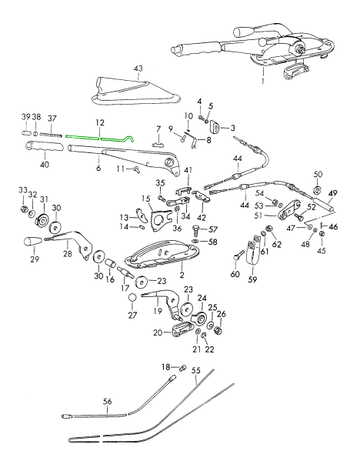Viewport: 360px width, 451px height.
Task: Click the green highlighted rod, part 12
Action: pos(99,138)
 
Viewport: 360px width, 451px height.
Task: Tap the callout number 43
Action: pos(138,68)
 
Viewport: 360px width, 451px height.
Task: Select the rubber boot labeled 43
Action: pos(135,92)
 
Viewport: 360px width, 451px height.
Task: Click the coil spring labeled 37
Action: pos(51,135)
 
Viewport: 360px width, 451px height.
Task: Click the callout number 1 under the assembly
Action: pos(263,81)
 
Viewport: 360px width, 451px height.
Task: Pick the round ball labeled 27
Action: pos(132,298)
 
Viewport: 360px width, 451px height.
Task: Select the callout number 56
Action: pos(107,401)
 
